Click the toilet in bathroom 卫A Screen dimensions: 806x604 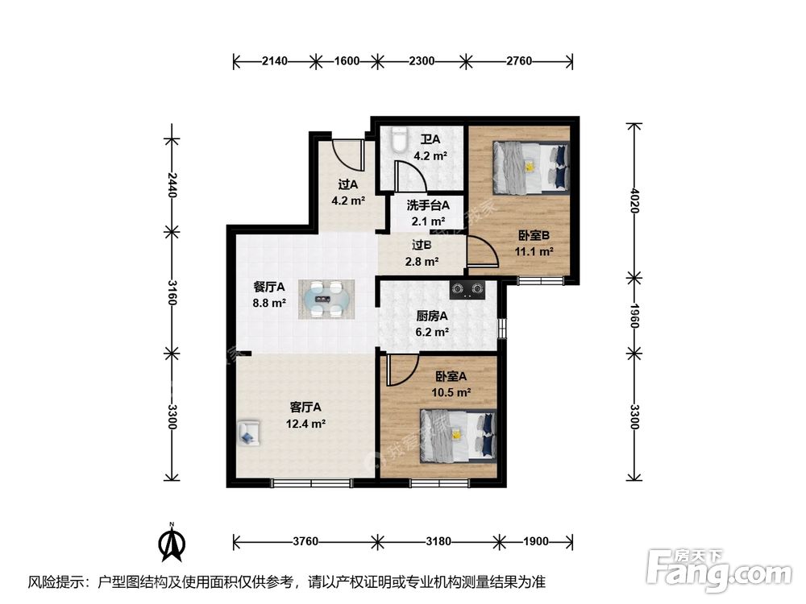[x=398, y=139]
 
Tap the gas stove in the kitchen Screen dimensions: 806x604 [x=467, y=290]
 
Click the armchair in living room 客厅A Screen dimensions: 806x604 [x=249, y=432]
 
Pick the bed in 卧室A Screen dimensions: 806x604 [x=458, y=436]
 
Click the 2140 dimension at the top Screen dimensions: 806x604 [x=275, y=61]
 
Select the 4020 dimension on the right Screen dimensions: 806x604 [x=634, y=201]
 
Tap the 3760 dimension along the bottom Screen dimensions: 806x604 [x=305, y=541]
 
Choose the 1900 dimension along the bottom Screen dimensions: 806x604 [x=536, y=541]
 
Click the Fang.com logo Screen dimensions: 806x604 [x=719, y=569]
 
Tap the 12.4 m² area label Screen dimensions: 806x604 [x=305, y=424]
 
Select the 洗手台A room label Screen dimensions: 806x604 [x=428, y=205]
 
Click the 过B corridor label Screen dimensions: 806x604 [x=422, y=246]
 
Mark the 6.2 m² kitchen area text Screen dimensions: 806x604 [x=432, y=333]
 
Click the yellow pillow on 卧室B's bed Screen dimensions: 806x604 [x=529, y=167]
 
